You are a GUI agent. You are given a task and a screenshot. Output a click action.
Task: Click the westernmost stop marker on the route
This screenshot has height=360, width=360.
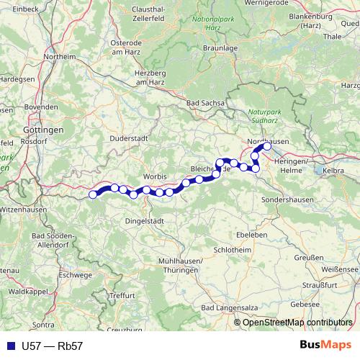coord(92,194)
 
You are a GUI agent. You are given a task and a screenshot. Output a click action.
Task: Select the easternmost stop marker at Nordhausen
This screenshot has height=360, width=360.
coord(267,146)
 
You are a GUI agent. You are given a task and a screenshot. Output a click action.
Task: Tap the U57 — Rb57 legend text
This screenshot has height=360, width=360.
coord(53,346)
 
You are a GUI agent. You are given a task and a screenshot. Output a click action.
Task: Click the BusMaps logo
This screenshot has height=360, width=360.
coord(325,345)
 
